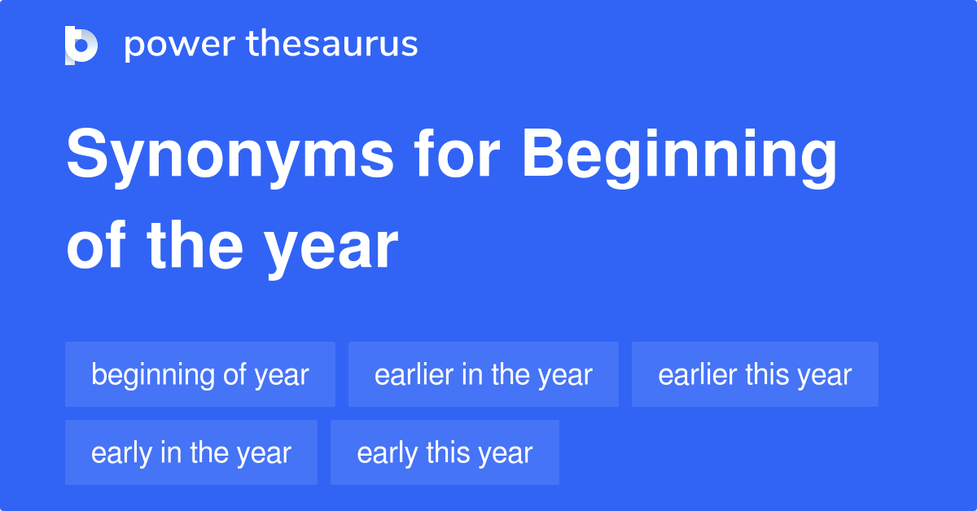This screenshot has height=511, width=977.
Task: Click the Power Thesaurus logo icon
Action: pos(81,45)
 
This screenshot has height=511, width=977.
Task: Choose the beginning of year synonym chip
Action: pos(200,375)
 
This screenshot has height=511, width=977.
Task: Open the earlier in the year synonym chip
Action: pos(484,375)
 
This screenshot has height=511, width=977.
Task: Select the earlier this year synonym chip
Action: pos(755,375)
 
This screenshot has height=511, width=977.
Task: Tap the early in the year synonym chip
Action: pos(191,453)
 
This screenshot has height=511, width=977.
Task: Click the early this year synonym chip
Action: pos(445,453)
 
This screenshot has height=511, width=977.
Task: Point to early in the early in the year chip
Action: pos(121,453)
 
